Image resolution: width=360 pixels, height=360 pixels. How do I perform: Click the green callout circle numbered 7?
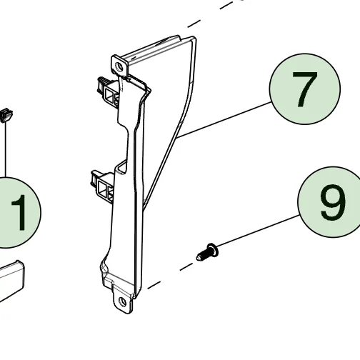pyautogui.click(x=305, y=89)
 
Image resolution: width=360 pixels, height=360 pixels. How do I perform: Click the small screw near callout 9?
pyautogui.click(x=208, y=252)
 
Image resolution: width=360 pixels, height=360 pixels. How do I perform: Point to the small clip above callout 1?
pyautogui.click(x=6, y=116)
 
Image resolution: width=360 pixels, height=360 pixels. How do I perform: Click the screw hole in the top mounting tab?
pyautogui.click(x=119, y=66)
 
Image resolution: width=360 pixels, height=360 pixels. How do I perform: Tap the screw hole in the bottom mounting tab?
pyautogui.click(x=123, y=302)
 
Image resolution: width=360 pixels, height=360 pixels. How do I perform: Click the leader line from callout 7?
pyautogui.click(x=224, y=119)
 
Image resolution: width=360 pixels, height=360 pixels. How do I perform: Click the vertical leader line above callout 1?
pyautogui.click(x=5, y=149)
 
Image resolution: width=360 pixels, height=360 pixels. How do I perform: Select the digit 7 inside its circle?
pyautogui.click(x=305, y=89)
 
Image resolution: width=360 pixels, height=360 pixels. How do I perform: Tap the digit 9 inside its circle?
pyautogui.click(x=333, y=202)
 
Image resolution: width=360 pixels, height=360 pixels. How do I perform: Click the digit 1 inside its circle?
pyautogui.click(x=19, y=213)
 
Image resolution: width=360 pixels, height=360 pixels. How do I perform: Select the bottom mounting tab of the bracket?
pyautogui.click(x=123, y=301)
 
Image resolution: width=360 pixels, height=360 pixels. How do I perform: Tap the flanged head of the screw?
pyautogui.click(x=212, y=251)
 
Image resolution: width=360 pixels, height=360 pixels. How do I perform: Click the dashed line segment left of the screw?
pyautogui.click(x=186, y=267)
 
